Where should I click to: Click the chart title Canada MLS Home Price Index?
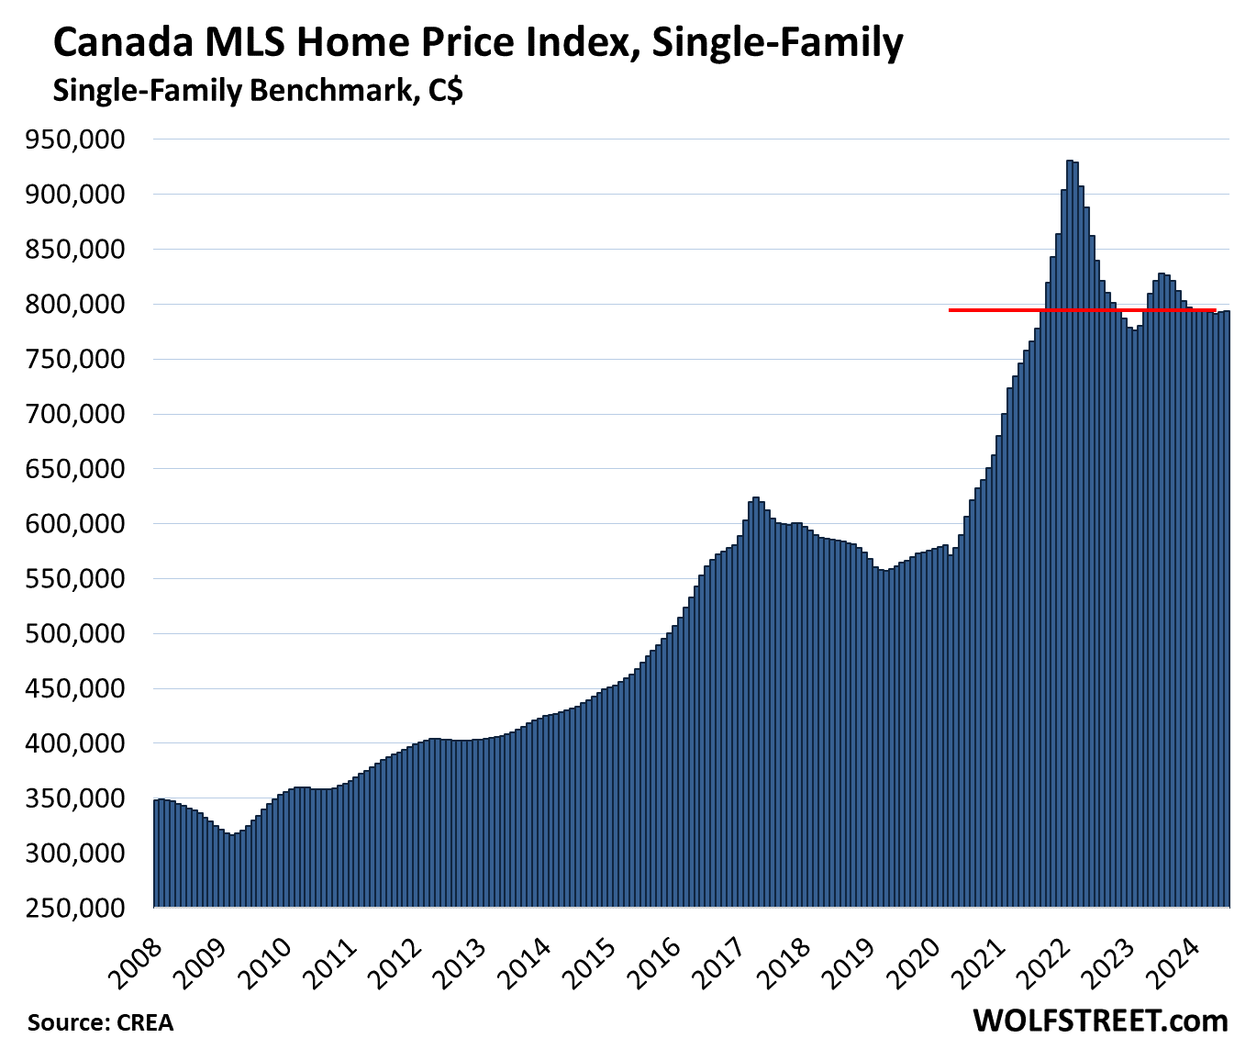[x=477, y=42]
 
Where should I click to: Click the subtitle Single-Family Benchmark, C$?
[x=258, y=91]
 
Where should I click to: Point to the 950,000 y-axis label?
[x=77, y=139]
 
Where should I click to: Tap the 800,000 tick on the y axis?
[x=77, y=304]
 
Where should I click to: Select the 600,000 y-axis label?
[x=77, y=524]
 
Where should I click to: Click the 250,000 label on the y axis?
[x=77, y=908]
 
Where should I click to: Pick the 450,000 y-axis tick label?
[x=77, y=688]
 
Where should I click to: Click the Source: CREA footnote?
[x=100, y=1022]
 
